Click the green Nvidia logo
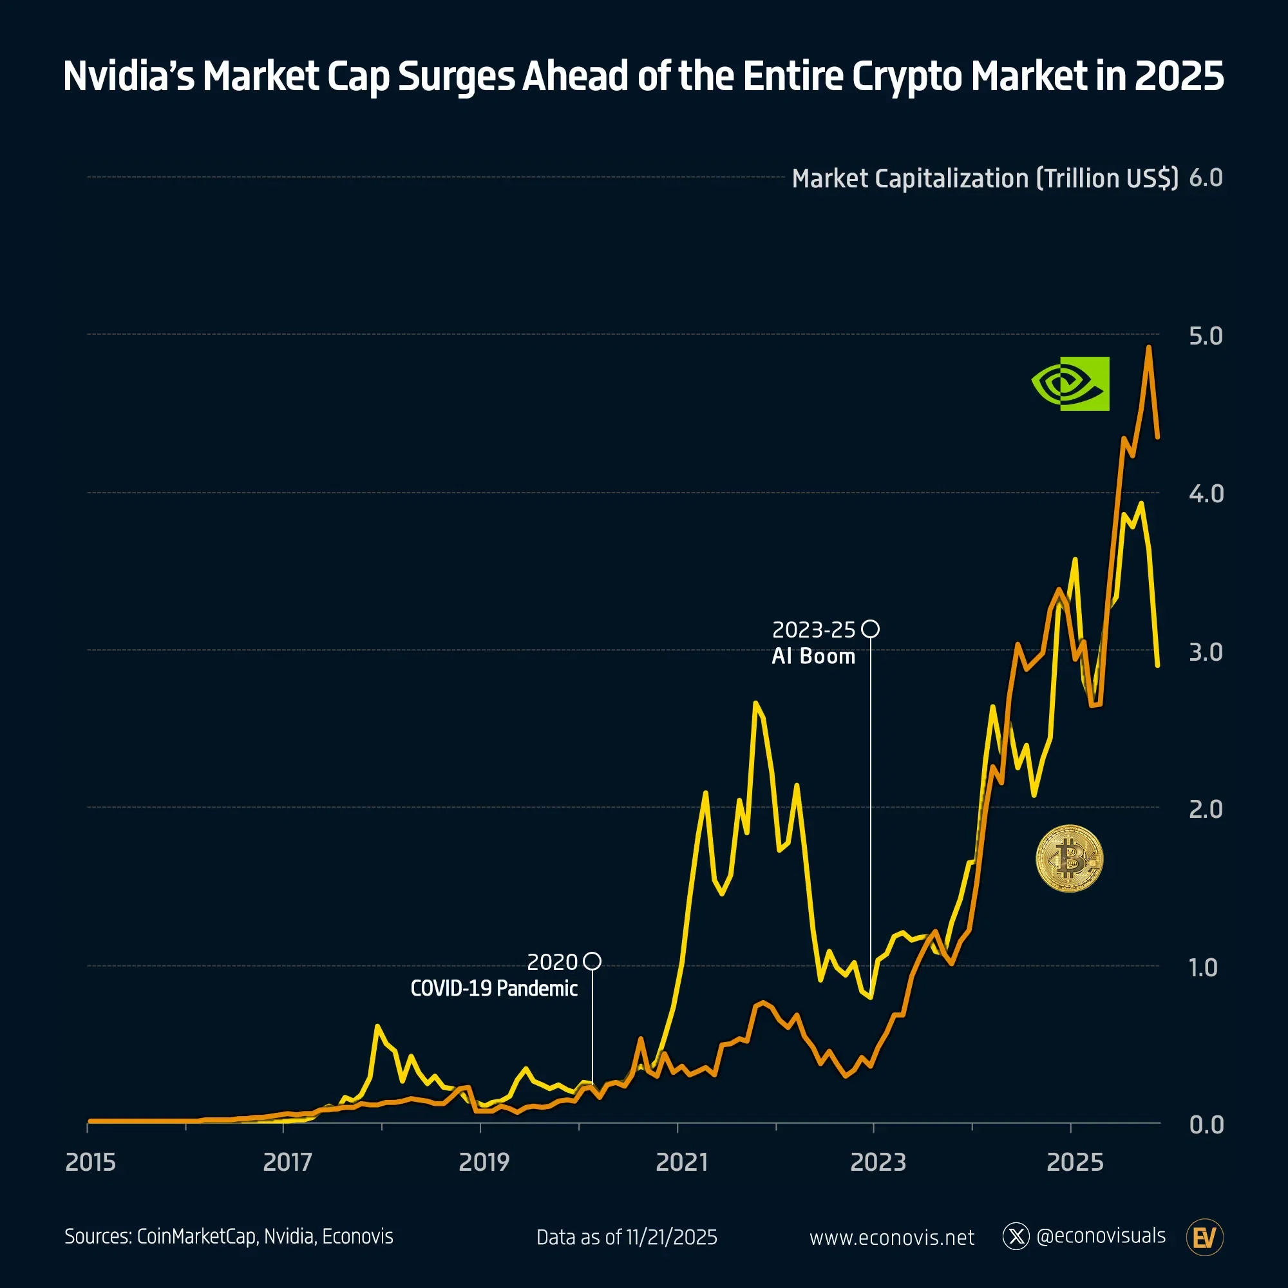[x=1070, y=383]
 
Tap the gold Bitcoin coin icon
[x=1069, y=858]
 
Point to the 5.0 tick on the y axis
[x=1206, y=336]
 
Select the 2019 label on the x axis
[x=484, y=1162]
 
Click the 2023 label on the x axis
[x=877, y=1162]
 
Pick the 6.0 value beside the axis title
[x=1206, y=178]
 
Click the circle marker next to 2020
[x=592, y=961]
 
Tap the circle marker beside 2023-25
[x=870, y=629]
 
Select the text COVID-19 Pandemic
[x=493, y=988]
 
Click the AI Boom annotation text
[x=813, y=657]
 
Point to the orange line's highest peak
[x=1148, y=347]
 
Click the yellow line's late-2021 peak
[x=755, y=703]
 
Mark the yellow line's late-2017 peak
[x=377, y=1026]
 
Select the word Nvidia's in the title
[x=129, y=76]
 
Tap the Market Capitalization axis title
[x=985, y=178]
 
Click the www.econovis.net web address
[x=891, y=1238]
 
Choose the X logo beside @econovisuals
[x=1016, y=1236]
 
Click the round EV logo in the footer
[x=1204, y=1237]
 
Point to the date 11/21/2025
[x=671, y=1237]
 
